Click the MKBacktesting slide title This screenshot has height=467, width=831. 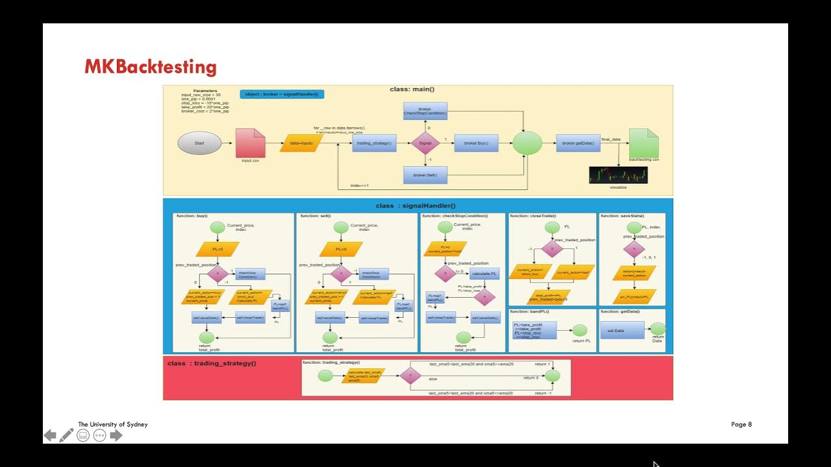tap(150, 67)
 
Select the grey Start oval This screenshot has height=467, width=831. tap(199, 143)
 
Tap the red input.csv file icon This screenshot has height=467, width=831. tap(250, 143)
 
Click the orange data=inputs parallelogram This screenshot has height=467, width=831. tap(301, 143)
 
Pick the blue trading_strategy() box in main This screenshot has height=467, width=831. tap(375, 143)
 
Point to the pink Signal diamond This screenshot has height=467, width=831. tap(425, 143)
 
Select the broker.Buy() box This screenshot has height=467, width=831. tap(477, 143)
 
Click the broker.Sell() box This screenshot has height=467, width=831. tap(425, 175)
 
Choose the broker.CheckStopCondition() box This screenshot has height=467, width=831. tap(425, 111)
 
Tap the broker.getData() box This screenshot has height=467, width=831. tap(577, 143)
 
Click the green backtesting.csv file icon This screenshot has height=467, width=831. tap(643, 143)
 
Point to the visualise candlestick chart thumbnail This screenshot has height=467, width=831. tap(618, 175)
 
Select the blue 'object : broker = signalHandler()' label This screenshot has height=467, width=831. tap(282, 94)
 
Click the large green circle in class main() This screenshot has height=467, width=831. tap(527, 143)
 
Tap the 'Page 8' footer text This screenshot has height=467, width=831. tap(741, 424)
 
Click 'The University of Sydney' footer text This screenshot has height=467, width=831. tap(113, 424)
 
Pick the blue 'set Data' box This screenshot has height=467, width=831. tap(622, 330)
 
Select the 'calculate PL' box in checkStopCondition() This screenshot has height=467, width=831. tap(485, 273)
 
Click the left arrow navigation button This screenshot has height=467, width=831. tap(50, 435)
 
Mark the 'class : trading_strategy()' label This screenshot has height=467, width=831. tap(212, 363)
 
